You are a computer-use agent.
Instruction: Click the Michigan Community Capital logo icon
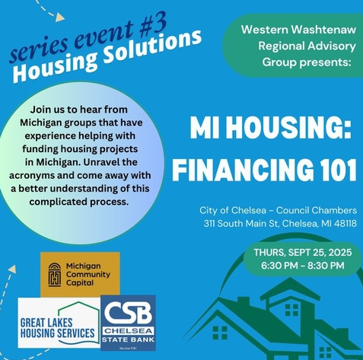[x=55, y=275]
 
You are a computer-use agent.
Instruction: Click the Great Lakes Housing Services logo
[x=59, y=323]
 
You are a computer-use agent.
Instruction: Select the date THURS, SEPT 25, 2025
[x=303, y=253]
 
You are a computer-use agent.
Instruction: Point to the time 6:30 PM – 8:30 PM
[x=303, y=266]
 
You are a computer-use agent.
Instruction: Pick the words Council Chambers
[x=317, y=210]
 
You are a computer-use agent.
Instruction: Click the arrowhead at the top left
[x=60, y=18]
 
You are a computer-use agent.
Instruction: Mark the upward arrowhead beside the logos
[x=12, y=269]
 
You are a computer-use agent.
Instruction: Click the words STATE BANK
[x=128, y=339]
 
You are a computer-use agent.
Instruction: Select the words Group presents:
[x=307, y=62]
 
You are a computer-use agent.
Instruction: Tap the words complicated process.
[x=78, y=202]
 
